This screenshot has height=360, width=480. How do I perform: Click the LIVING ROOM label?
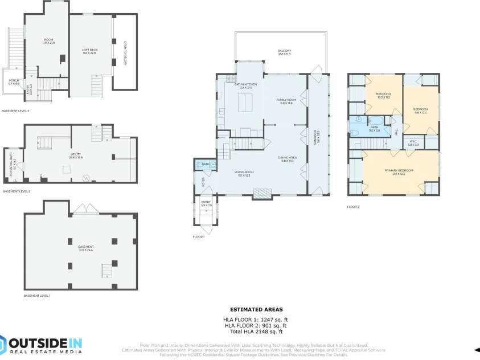244,174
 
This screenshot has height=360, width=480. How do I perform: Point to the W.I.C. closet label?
413,144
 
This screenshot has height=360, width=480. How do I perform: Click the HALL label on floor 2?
396,132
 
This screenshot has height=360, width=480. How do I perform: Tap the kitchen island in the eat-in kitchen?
245,104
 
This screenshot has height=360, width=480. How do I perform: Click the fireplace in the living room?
262,195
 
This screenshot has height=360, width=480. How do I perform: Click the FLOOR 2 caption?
354,208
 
